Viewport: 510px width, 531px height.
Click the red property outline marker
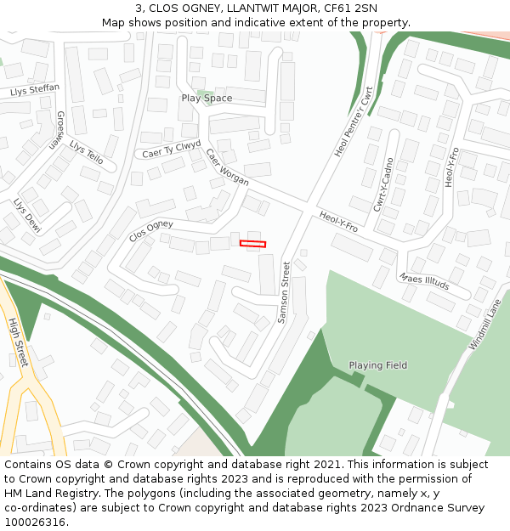pyautogui.click(x=252, y=244)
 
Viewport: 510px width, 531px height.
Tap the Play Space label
pyautogui.click(x=207, y=99)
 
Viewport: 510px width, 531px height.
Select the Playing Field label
pyautogui.click(x=377, y=365)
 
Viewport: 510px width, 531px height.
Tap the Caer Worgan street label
pyautogui.click(x=227, y=167)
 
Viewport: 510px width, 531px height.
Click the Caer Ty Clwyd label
pyautogui.click(x=171, y=149)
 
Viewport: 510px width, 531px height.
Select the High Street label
pyautogui.click(x=17, y=342)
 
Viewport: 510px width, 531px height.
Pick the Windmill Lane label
pyautogui.click(x=485, y=324)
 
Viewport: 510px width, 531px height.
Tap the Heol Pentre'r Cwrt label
pyautogui.click(x=354, y=121)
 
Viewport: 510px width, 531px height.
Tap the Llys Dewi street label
pyautogui.click(x=26, y=216)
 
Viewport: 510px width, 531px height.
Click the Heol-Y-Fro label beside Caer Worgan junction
pyautogui.click(x=338, y=223)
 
